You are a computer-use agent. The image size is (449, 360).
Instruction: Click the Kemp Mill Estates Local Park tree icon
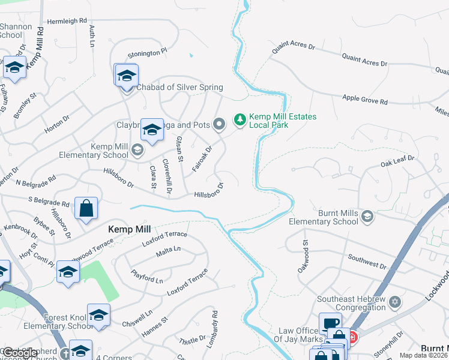click(240, 120)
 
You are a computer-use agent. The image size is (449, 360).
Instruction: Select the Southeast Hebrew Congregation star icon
click(394, 301)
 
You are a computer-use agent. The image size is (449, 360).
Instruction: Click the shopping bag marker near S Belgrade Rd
click(86, 209)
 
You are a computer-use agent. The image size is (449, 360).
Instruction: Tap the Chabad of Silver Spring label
click(179, 88)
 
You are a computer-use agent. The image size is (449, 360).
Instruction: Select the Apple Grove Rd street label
click(365, 100)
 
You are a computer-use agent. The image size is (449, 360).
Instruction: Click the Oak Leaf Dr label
click(398, 162)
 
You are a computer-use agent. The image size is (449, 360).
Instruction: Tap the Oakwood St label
click(303, 257)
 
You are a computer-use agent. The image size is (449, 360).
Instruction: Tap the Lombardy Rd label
click(215, 322)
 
